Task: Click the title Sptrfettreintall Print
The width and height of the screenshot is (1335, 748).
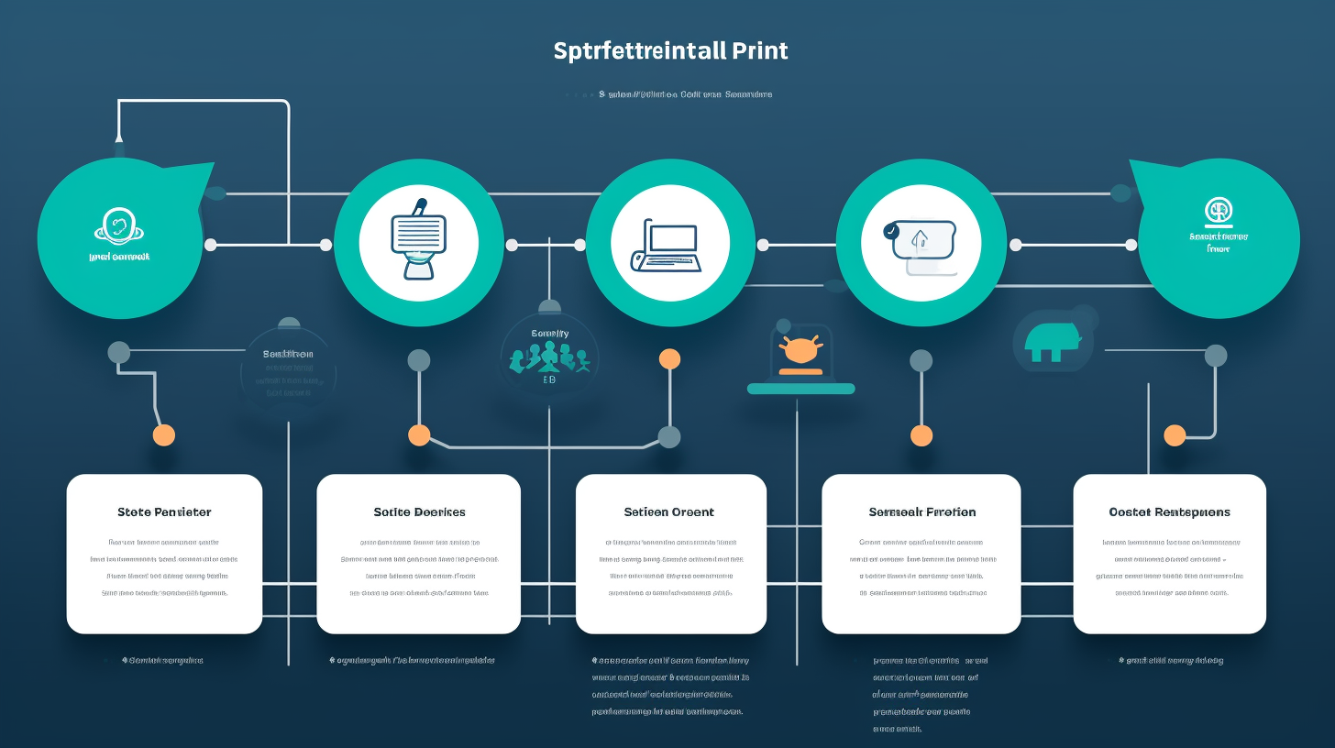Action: [670, 50]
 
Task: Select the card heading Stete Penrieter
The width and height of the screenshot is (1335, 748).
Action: [164, 511]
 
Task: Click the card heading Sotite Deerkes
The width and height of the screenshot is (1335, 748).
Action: [419, 511]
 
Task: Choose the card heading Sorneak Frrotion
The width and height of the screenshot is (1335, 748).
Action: [922, 511]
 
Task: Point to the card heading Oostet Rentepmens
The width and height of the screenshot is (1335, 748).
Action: [1169, 511]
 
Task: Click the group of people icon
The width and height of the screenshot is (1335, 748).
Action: [549, 357]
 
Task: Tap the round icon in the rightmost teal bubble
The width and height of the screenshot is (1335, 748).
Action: [1219, 212]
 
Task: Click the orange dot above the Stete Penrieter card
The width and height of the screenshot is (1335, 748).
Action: [164, 434]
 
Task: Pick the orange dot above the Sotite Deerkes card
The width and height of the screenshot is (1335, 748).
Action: [419, 434]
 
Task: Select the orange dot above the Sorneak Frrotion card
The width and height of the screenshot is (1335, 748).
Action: [921, 434]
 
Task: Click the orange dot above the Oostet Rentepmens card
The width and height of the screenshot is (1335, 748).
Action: [1175, 434]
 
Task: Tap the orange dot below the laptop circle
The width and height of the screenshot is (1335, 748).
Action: [670, 358]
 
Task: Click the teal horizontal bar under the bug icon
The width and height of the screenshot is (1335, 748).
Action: [800, 389]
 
